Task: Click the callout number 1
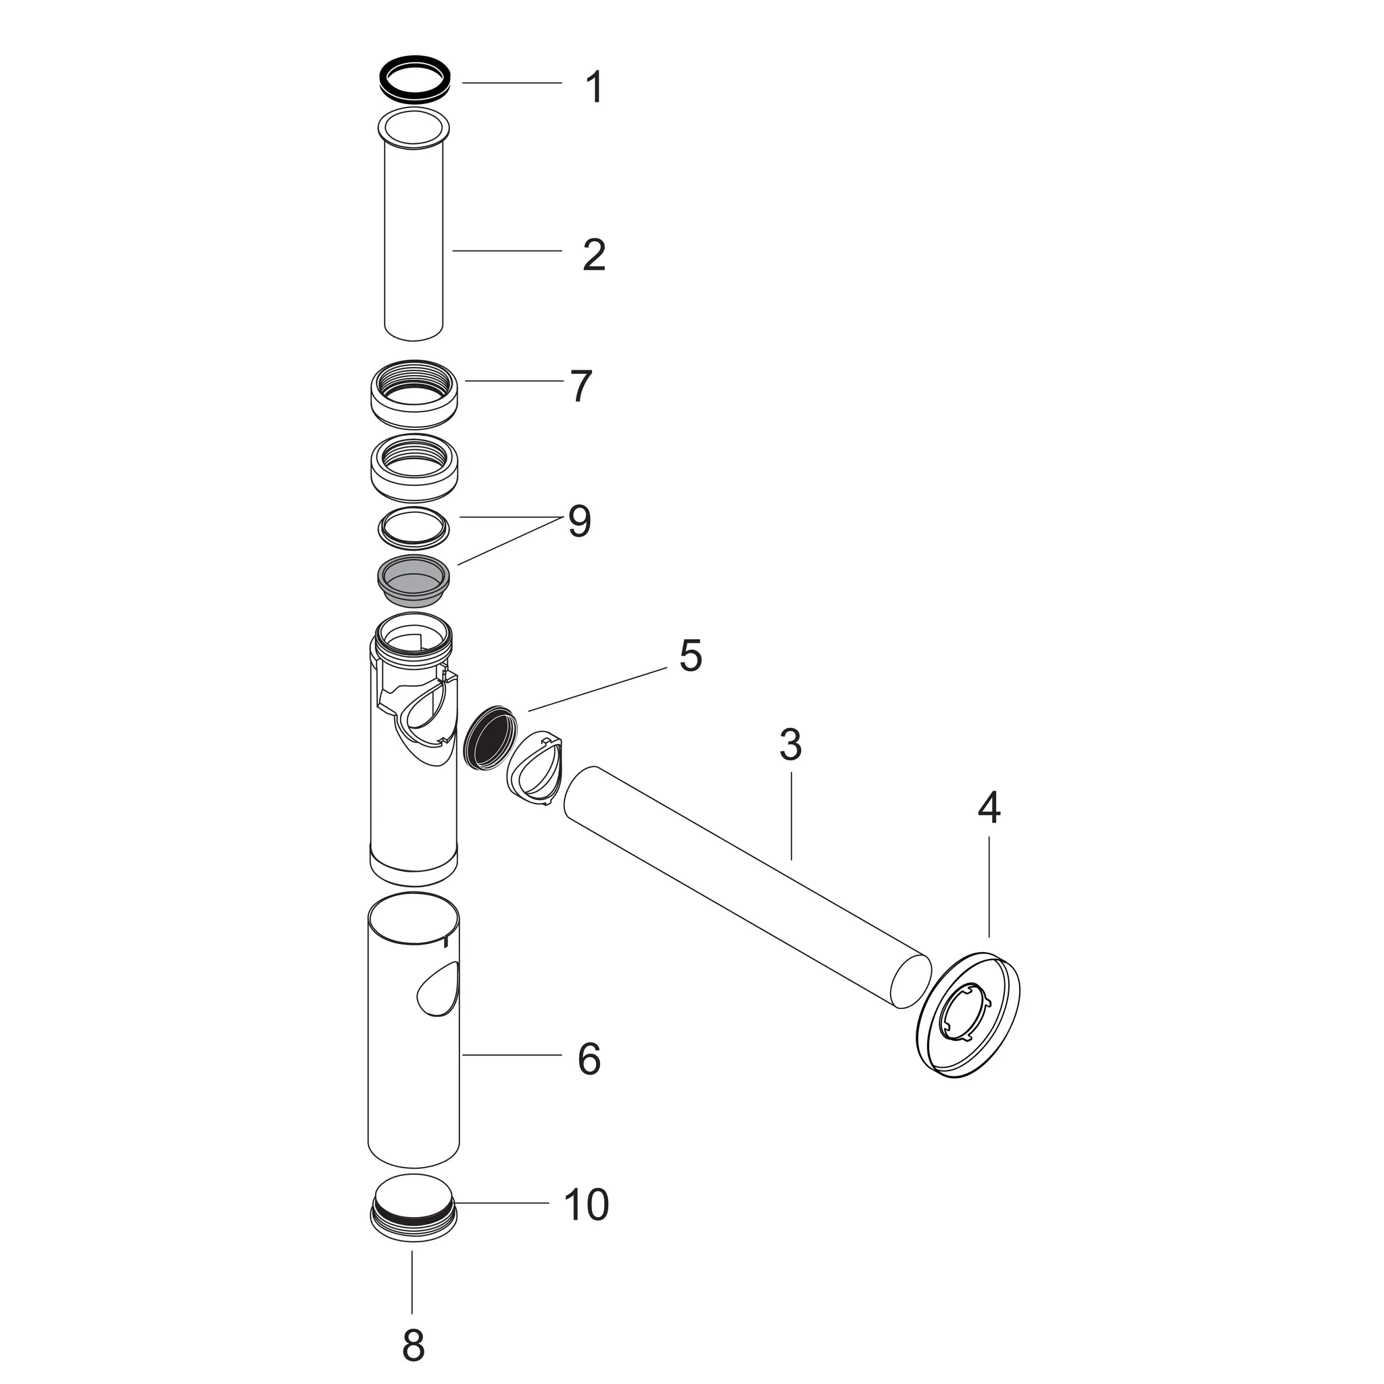coord(595,87)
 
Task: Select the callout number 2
coord(594,255)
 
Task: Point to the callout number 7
coord(580,386)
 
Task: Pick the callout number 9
coord(580,522)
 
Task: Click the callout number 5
coord(691,656)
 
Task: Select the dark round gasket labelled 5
coord(489,738)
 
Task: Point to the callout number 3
coord(790,745)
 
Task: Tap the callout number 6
coord(589,1060)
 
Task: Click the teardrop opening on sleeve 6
coord(439,989)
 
